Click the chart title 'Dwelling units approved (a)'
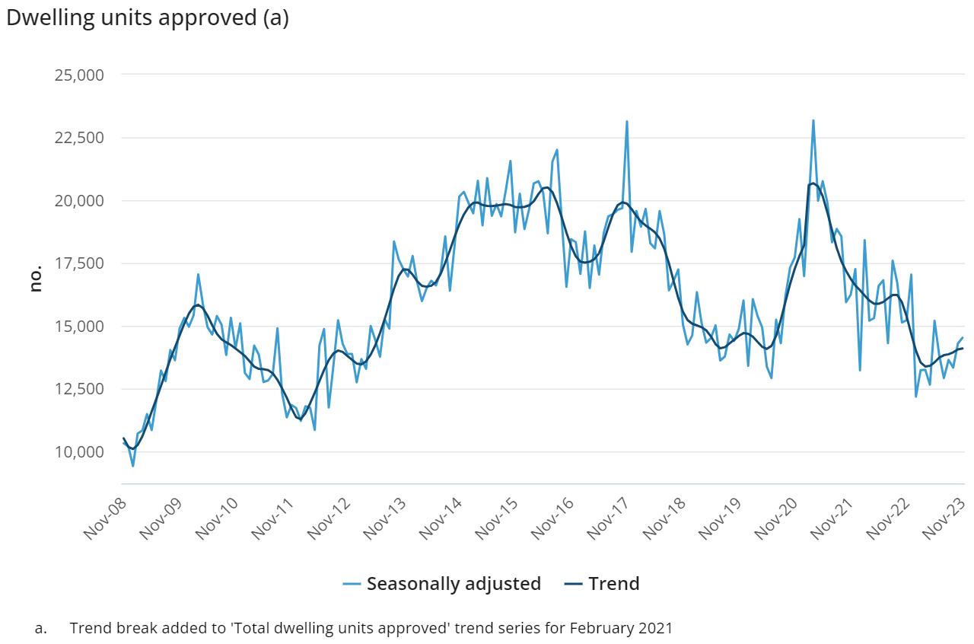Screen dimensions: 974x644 point(148,18)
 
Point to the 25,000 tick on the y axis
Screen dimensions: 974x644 point(79,75)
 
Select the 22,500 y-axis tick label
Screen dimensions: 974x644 point(79,138)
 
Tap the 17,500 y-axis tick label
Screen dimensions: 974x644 point(79,263)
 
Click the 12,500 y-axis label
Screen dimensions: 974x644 point(79,389)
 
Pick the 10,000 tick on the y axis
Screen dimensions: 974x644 point(79,452)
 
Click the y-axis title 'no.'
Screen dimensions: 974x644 point(36,279)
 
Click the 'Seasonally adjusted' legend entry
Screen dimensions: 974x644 point(442,584)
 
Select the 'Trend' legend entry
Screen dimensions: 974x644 point(602,584)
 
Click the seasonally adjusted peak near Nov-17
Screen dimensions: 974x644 point(626,121)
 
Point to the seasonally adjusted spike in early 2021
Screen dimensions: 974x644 point(813,120)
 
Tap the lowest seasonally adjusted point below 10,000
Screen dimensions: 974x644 point(133,466)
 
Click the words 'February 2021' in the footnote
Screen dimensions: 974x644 point(622,629)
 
